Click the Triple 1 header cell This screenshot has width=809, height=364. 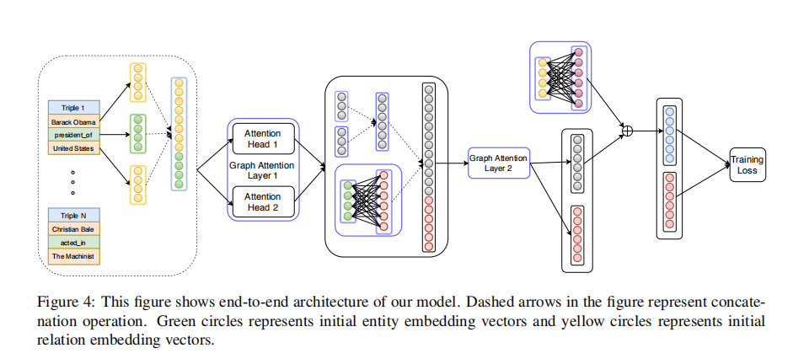[x=74, y=108]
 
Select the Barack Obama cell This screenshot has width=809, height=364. [x=74, y=121]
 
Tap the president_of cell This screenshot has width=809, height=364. [x=74, y=135]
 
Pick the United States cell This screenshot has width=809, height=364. [x=74, y=148]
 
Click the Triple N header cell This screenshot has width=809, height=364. [x=74, y=216]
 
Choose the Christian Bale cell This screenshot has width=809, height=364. [x=74, y=229]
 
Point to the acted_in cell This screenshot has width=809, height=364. [x=74, y=243]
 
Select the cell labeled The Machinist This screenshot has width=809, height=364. [x=74, y=257]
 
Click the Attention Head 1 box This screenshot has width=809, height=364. [x=263, y=139]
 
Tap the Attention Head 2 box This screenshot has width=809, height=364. [x=263, y=201]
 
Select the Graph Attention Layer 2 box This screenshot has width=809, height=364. [x=498, y=163]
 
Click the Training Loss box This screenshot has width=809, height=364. [x=747, y=164]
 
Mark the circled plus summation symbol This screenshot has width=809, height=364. [x=627, y=131]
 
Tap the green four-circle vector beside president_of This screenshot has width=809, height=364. [x=137, y=133]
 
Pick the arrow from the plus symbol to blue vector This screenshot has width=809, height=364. [x=644, y=131]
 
